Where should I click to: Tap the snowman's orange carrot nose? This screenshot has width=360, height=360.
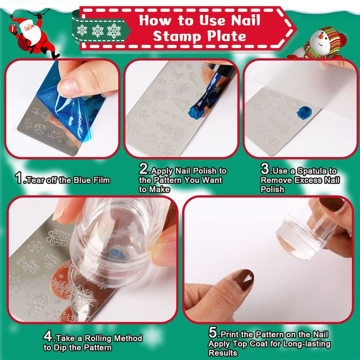point(322,36)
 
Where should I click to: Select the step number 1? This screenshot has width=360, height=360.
point(18,178)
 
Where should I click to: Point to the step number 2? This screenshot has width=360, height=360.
point(144,169)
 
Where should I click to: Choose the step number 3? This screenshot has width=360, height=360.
point(265,169)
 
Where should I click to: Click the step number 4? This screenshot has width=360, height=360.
point(48,337)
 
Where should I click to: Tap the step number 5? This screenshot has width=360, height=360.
point(212,333)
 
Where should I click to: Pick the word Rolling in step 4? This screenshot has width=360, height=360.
point(99,338)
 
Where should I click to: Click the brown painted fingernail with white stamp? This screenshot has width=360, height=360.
point(243,280)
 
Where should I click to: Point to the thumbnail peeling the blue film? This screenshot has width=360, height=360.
point(69,87)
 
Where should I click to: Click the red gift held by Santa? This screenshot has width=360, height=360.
point(13,28)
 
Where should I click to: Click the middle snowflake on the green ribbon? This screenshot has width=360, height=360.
point(98,31)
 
